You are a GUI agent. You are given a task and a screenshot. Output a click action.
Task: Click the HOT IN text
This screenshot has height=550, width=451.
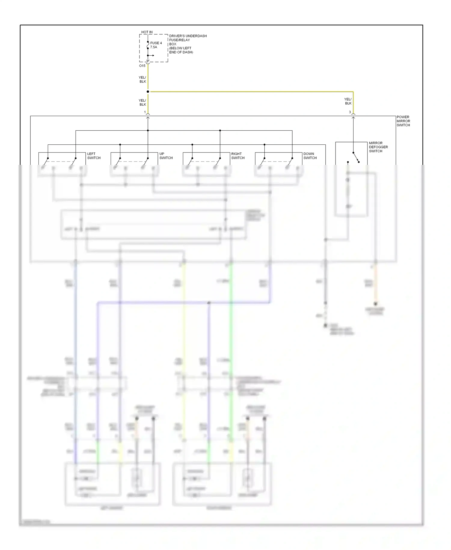(147, 32)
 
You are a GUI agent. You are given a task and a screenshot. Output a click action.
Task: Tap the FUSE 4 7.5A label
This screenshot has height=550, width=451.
(156, 45)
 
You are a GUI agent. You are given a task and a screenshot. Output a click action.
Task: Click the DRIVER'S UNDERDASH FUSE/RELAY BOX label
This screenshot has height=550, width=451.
(188, 44)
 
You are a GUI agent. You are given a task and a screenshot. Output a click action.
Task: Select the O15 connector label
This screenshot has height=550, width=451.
(142, 66)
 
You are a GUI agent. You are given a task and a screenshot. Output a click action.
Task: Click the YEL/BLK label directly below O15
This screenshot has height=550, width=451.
(143, 79)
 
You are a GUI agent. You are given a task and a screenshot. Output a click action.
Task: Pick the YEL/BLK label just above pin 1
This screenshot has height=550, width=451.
(143, 103)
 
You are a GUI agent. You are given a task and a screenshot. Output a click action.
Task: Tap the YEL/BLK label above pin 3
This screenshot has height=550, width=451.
(348, 101)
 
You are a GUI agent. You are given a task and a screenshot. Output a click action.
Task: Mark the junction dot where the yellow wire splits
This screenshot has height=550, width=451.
(148, 91)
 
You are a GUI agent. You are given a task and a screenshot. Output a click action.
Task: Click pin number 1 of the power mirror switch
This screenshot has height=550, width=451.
(145, 112)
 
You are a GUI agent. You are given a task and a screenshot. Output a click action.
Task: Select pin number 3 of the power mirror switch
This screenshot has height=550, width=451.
(350, 112)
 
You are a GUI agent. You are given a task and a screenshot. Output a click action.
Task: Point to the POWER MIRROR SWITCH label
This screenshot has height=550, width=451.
(403, 121)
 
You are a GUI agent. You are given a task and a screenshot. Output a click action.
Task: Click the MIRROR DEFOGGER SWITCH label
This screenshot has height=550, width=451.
(378, 147)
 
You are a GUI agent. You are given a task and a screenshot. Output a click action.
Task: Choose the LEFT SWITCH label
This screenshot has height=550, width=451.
(94, 156)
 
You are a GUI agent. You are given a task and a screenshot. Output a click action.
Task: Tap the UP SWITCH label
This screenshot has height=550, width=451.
(166, 156)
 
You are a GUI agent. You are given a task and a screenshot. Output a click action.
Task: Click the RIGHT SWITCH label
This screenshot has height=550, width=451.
(238, 156)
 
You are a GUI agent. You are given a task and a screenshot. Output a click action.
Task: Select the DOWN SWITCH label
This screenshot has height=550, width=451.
(310, 156)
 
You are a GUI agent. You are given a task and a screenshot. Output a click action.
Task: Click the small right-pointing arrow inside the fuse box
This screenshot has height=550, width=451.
(152, 55)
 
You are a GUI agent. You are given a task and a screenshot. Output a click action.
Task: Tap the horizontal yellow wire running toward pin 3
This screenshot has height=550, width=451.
(250, 91)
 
